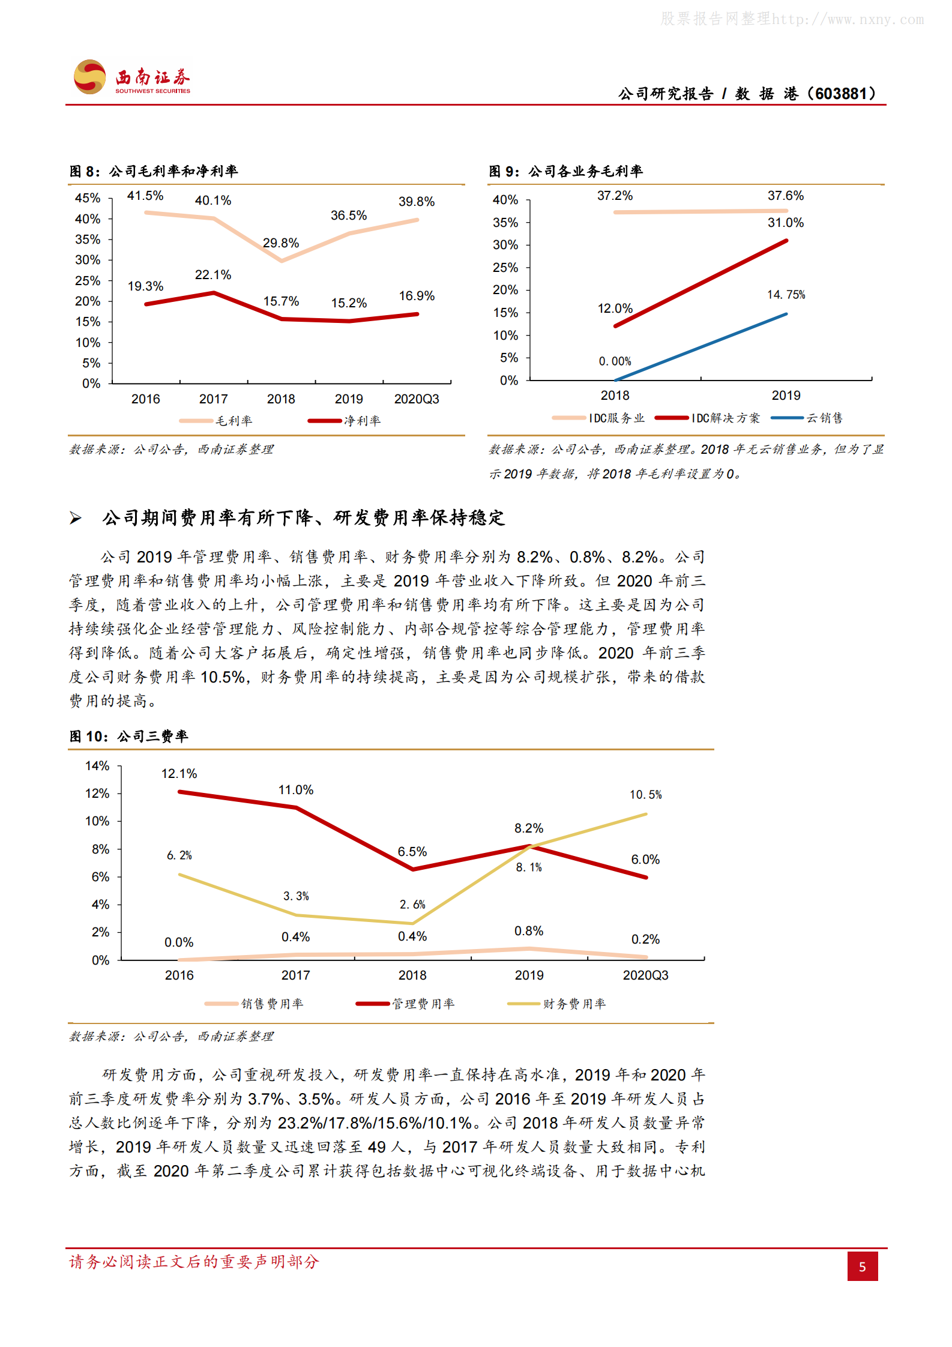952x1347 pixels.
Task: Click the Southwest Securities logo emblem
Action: (90, 77)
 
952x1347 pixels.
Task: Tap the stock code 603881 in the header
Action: (841, 94)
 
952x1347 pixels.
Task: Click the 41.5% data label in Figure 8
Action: (145, 196)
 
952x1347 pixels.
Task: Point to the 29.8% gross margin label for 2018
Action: (280, 243)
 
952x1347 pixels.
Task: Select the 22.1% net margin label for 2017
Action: (212, 275)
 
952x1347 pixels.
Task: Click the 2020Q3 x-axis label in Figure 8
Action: (416, 399)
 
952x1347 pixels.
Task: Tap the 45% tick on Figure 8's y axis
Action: (88, 198)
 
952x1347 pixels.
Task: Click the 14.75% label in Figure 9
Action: (786, 295)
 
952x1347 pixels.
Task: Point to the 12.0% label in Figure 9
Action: (615, 309)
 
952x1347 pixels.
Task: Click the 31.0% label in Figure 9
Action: (785, 223)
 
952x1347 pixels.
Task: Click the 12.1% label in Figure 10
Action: (179, 774)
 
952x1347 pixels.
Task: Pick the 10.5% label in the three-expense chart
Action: (645, 795)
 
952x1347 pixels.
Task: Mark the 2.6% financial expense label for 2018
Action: (412, 905)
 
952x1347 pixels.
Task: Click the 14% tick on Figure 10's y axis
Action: (97, 766)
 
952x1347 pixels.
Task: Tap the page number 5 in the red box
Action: (862, 1267)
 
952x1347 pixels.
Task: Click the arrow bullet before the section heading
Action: (76, 518)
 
